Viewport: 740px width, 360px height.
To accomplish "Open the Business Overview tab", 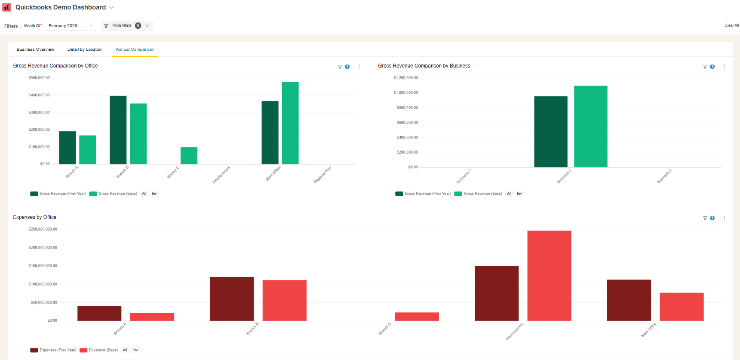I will pyautogui.click(x=35, y=49).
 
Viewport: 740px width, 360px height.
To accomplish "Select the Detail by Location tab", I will pyautogui.click(x=85, y=49).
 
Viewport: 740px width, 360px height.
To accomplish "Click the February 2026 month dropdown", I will pyautogui.click(x=70, y=26).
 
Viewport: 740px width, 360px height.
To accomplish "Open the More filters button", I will pyautogui.click(x=127, y=26).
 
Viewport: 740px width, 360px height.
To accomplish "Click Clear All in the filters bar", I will pyautogui.click(x=731, y=25).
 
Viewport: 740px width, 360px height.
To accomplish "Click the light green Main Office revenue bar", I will pyautogui.click(x=290, y=123).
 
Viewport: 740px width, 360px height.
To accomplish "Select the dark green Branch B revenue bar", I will pyautogui.click(x=118, y=130).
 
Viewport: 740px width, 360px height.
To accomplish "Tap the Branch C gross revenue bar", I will pyautogui.click(x=189, y=156).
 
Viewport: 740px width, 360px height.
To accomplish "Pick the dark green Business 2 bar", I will pyautogui.click(x=550, y=132).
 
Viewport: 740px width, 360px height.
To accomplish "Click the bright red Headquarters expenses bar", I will pyautogui.click(x=549, y=275).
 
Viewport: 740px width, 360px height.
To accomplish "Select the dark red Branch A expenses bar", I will pyautogui.click(x=99, y=313).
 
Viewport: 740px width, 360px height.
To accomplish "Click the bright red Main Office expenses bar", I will pyautogui.click(x=682, y=307).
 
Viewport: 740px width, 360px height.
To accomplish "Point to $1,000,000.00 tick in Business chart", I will pyautogui.click(x=405, y=93).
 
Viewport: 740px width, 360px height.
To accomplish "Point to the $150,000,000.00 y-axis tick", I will pyautogui.click(x=43, y=266).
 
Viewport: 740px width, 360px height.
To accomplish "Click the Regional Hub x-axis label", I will pyautogui.click(x=322, y=175).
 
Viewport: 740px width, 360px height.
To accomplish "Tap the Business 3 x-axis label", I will pyautogui.click(x=664, y=176).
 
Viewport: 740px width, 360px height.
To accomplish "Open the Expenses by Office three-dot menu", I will pyautogui.click(x=724, y=218).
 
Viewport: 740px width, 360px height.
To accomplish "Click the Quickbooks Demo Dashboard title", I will pyautogui.click(x=61, y=7).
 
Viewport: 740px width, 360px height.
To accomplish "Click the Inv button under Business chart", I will pyautogui.click(x=519, y=194).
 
